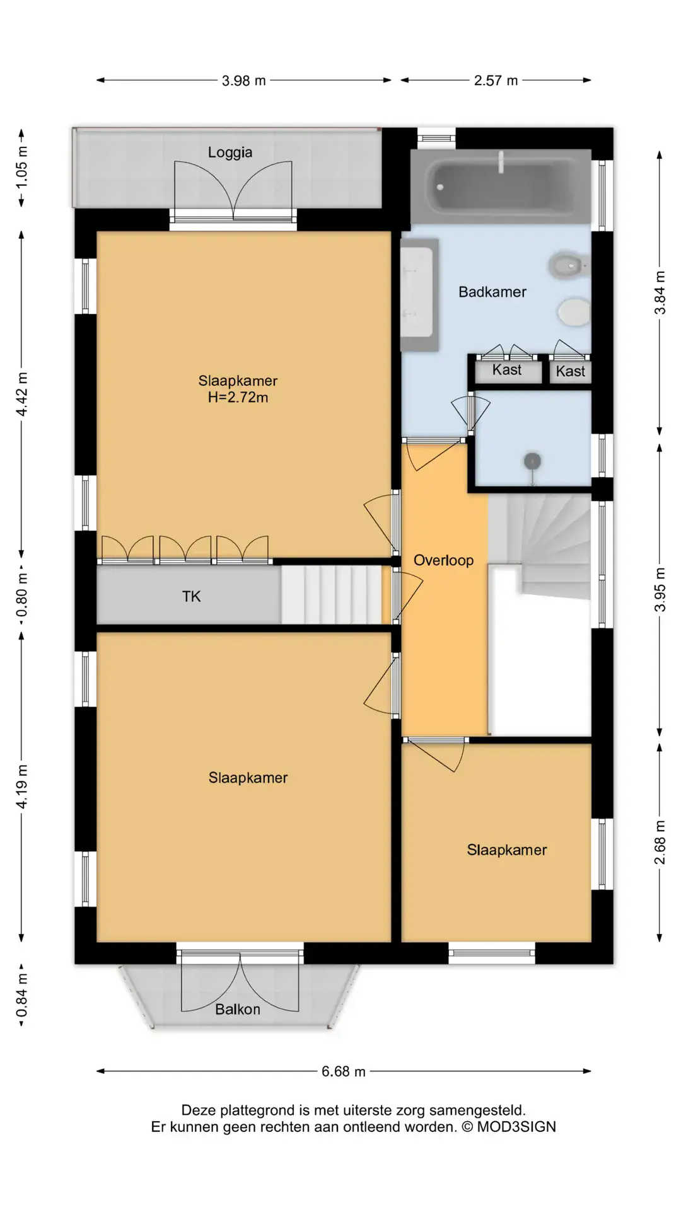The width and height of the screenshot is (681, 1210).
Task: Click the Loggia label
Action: (230, 153)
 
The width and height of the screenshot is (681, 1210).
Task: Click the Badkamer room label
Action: (492, 292)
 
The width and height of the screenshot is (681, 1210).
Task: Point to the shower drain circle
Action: (533, 461)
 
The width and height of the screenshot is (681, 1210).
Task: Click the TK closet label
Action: (192, 596)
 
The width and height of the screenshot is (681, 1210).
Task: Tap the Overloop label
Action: (443, 560)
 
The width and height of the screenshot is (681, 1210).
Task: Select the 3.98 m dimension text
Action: (244, 81)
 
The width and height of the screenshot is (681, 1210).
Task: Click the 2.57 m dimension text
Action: (496, 81)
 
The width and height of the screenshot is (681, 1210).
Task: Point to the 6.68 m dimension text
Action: (344, 1071)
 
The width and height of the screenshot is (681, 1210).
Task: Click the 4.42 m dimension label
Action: (22, 394)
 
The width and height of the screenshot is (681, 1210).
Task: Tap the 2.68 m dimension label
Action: (660, 843)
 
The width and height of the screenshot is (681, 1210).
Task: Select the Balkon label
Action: (238, 1010)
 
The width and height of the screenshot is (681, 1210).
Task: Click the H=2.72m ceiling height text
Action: (238, 398)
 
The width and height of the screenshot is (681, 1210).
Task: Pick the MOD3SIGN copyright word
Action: (516, 1127)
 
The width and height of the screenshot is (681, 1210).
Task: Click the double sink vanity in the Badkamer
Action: (419, 295)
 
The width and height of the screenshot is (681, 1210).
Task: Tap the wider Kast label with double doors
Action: (507, 370)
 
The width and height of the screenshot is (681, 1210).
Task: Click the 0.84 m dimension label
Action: (22, 995)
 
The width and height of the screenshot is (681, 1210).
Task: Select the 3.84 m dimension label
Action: (660, 293)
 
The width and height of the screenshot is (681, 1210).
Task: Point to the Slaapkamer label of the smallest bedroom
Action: (507, 850)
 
